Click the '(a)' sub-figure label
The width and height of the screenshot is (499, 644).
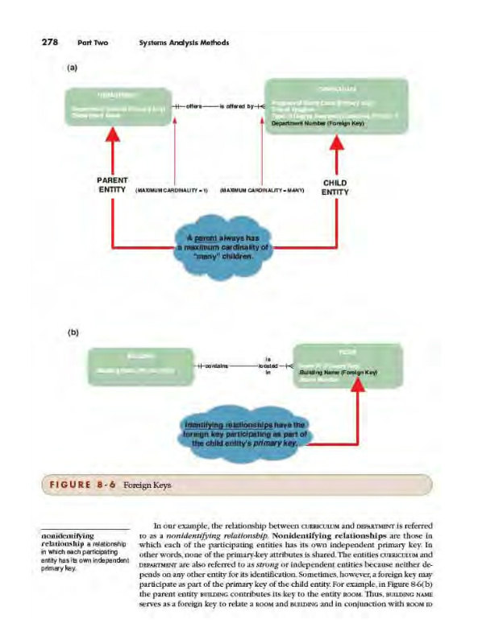click(73, 68)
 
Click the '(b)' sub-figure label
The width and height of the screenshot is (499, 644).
click(73, 329)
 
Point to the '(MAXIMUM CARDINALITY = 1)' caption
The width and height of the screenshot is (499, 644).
click(173, 190)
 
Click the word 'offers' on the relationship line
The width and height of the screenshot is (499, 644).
click(197, 107)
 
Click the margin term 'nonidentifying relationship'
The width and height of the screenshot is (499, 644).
click(68, 538)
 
